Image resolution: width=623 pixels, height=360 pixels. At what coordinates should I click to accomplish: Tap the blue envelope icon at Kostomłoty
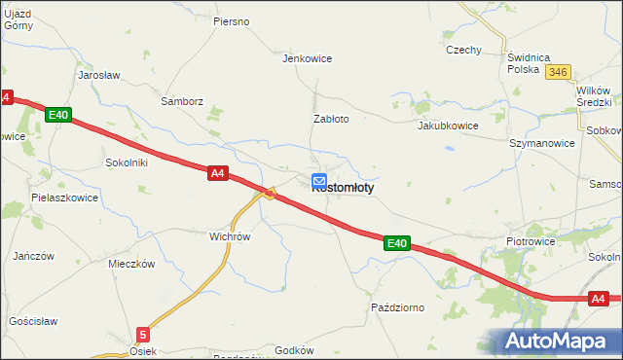pos(319,181)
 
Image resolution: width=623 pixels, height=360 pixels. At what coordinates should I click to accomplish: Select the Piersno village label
pos(232,21)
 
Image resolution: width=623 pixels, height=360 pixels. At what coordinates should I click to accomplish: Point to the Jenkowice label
pos(307,58)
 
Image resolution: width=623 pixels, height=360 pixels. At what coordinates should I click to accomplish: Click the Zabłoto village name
pos(330,119)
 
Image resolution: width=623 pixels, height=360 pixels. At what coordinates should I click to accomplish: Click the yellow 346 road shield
pos(558,72)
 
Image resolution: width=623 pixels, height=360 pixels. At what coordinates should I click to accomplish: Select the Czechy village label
pos(463,50)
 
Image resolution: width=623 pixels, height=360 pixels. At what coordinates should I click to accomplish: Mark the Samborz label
pos(182,100)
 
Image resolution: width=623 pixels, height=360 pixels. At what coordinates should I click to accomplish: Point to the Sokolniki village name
pos(127,162)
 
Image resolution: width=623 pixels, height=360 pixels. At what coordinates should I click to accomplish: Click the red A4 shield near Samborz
pos(218,173)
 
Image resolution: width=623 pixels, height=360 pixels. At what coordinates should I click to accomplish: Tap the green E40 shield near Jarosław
pos(57,115)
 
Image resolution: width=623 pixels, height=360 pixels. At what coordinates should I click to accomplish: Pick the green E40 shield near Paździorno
pos(394,243)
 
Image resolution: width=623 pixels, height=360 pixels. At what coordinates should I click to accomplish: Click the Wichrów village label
pos(231,236)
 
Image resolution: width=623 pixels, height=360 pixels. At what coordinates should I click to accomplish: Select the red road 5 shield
pos(143,334)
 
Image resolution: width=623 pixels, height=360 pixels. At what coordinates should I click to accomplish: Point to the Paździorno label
pos(398,307)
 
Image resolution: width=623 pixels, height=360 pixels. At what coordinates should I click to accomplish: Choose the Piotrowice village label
pos(530,240)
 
